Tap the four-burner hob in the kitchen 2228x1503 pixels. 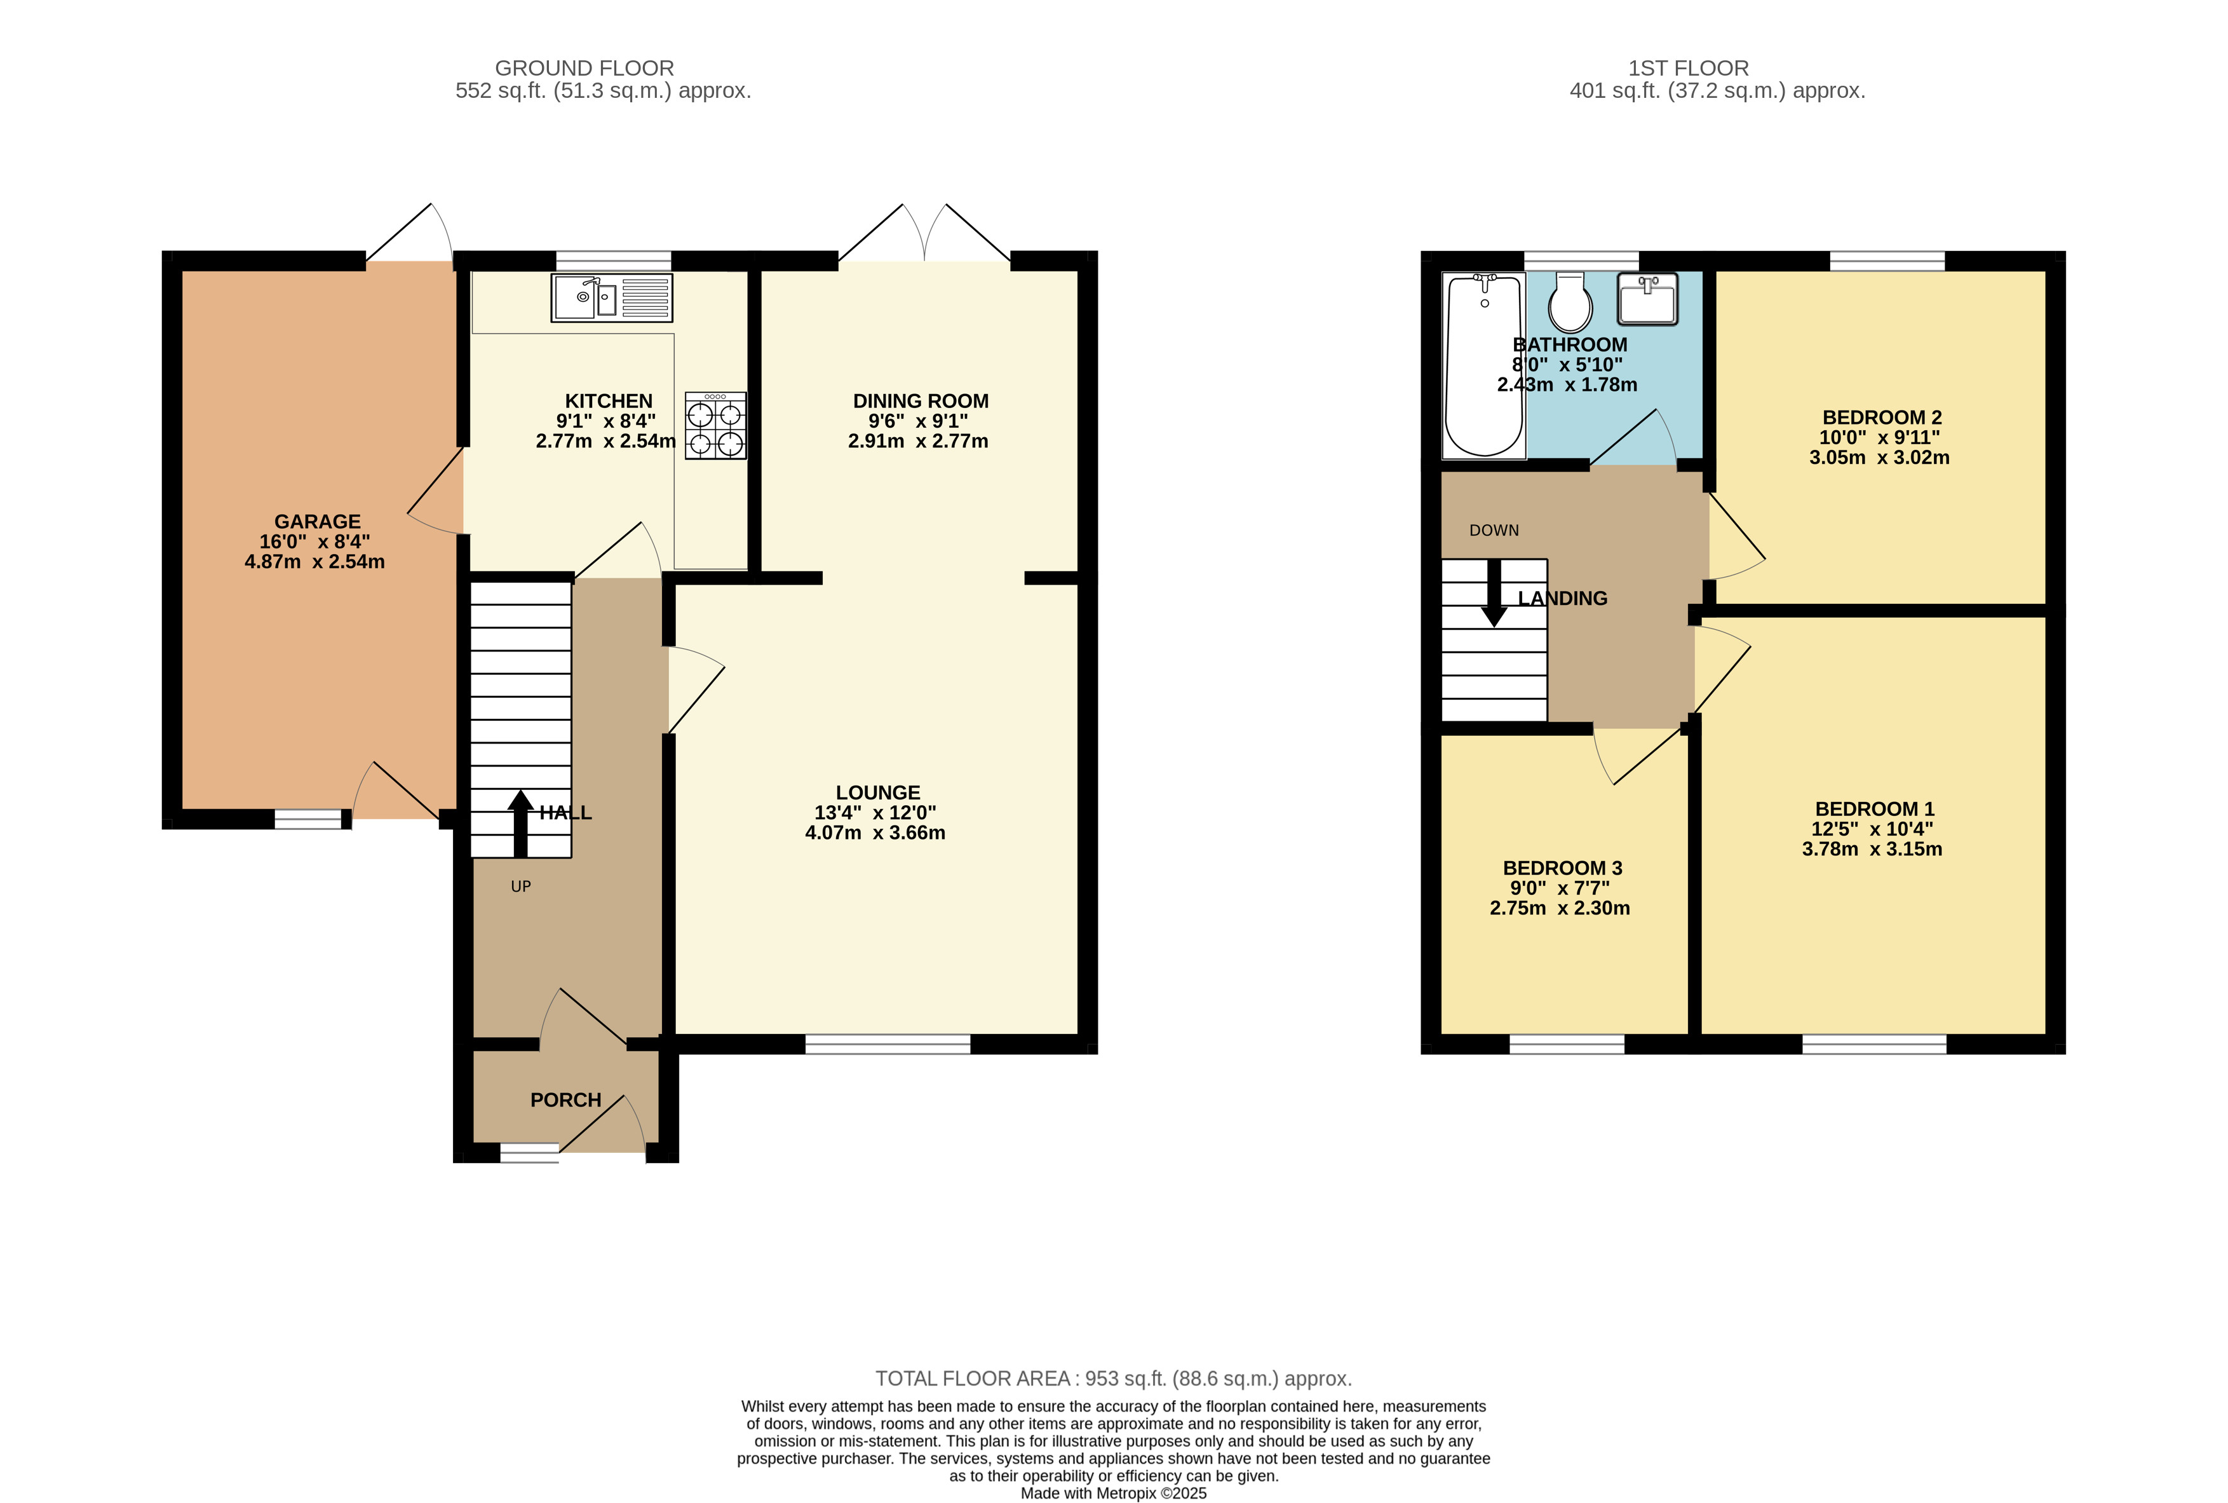click(715, 426)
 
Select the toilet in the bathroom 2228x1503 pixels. click(1570, 303)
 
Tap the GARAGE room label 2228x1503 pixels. click(317, 522)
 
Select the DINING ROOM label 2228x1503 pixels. click(920, 400)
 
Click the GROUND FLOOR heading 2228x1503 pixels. click(584, 68)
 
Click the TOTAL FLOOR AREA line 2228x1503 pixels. click(1112, 1378)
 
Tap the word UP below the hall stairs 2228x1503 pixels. click(520, 887)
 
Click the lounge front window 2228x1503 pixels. click(888, 1044)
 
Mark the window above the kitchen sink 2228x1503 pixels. click(613, 261)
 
